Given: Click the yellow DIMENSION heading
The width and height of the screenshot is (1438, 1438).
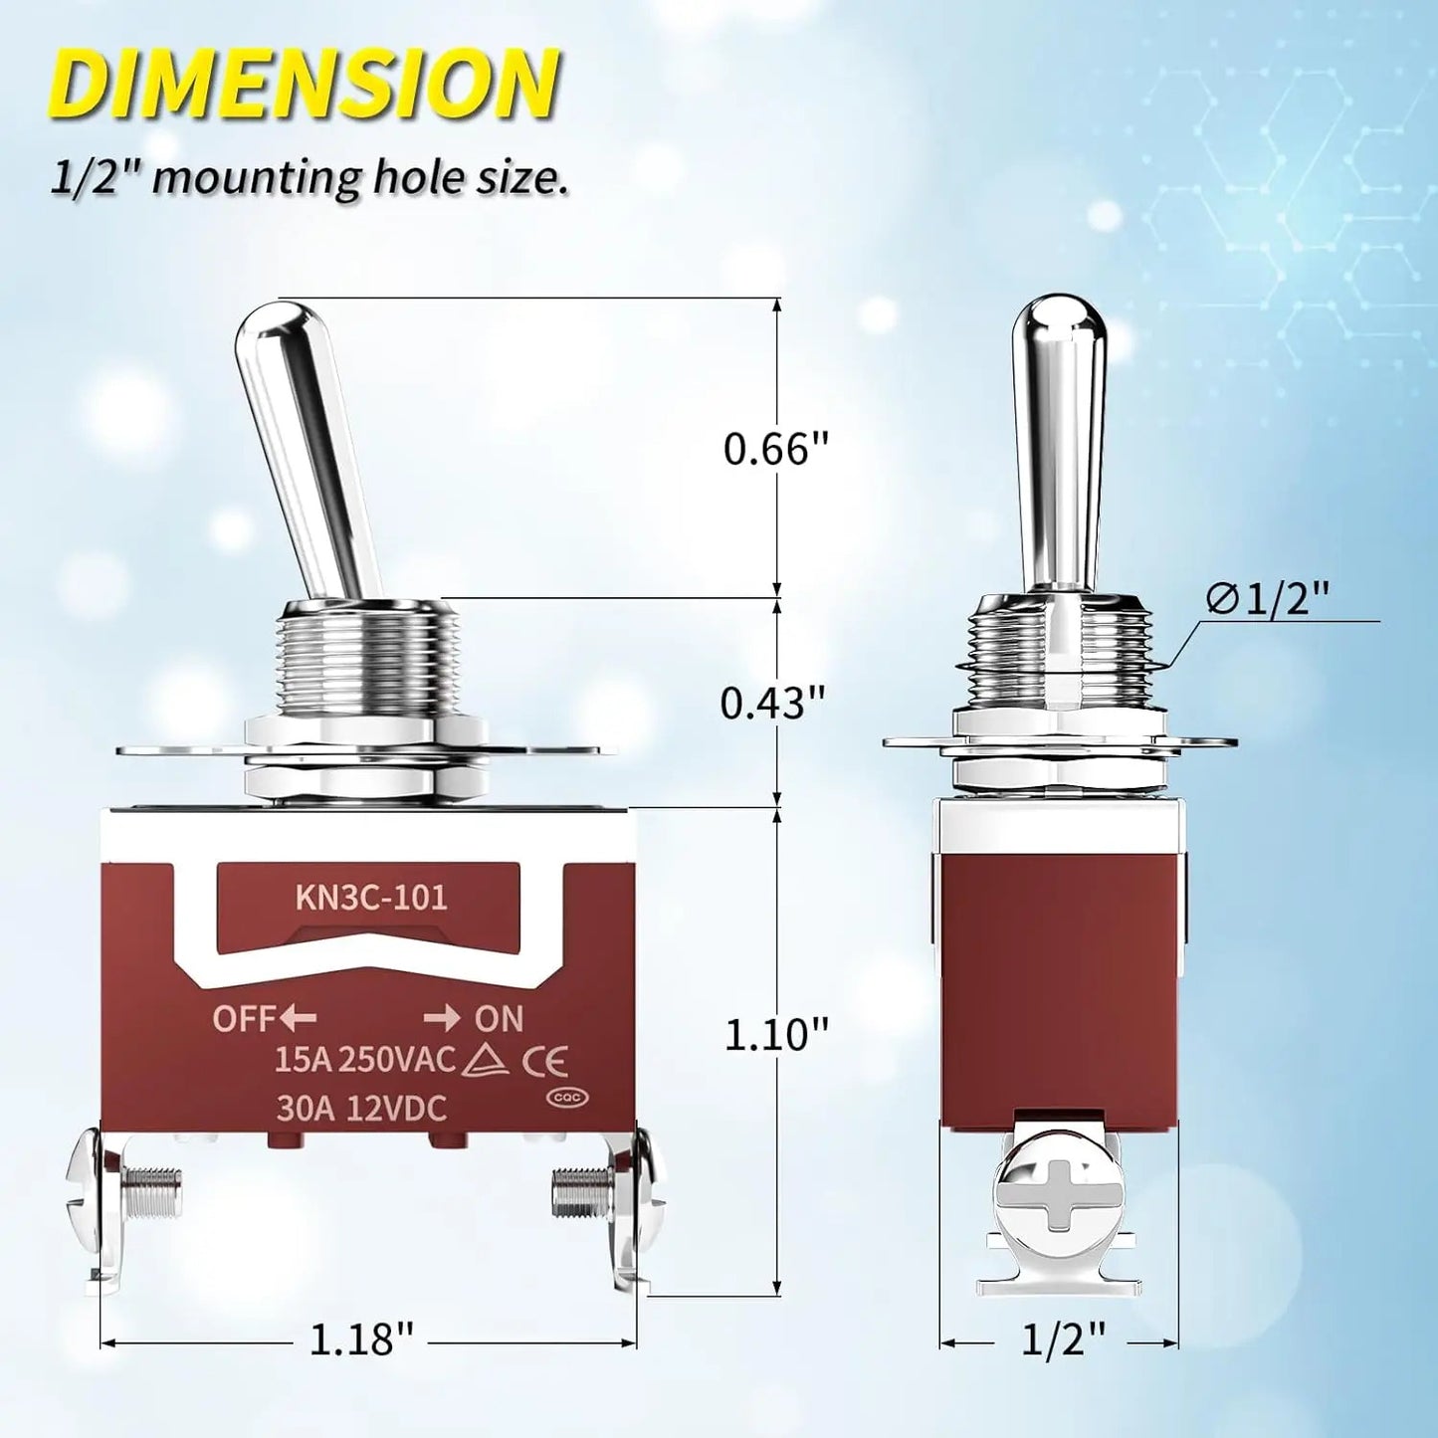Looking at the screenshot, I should coord(304,84).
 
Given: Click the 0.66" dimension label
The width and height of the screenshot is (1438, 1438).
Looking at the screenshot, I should coord(775,449).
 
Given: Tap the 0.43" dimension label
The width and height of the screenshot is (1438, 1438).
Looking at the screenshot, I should coord(773,704).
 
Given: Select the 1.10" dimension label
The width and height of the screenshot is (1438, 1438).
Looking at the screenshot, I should coord(775,1035).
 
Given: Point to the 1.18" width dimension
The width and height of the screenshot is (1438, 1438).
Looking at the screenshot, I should coord(360,1339).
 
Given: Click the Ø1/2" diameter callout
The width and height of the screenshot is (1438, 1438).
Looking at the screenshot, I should coord(1268,598).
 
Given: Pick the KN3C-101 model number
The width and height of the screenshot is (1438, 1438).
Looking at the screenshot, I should coord(371,898).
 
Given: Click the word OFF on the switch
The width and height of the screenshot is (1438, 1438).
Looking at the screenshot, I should coord(243,1019).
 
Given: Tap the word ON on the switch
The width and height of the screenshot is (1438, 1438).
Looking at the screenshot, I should coord(499,1019).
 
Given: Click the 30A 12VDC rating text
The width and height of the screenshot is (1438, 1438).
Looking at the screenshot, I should coord(361,1109).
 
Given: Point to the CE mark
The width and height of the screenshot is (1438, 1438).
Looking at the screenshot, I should coord(546,1062).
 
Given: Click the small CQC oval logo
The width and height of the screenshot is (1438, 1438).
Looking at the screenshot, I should coord(567,1098).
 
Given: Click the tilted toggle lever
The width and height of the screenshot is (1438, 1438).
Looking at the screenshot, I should coord(307,448).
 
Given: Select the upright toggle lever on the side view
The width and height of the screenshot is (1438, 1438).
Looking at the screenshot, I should coord(1059,438).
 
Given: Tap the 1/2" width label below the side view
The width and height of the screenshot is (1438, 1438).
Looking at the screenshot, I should coord(1063,1339).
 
